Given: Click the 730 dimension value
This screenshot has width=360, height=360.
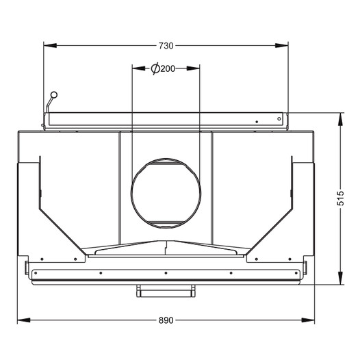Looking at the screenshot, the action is click(166, 46).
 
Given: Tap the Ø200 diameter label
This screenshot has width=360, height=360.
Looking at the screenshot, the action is click(163, 68).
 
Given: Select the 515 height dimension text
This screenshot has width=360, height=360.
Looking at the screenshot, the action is click(341, 198).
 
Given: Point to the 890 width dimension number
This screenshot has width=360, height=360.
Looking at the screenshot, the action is click(166, 320).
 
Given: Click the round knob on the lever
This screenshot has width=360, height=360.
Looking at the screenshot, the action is click(54, 94).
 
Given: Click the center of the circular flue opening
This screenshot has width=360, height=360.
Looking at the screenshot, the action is click(166, 193).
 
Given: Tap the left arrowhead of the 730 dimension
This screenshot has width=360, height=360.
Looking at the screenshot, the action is click(50, 46).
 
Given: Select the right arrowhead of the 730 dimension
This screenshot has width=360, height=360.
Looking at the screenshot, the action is click(282, 46).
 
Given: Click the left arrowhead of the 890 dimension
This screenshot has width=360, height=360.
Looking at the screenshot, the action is click(24, 320).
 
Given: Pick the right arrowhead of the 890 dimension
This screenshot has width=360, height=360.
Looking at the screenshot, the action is click(308, 320).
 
